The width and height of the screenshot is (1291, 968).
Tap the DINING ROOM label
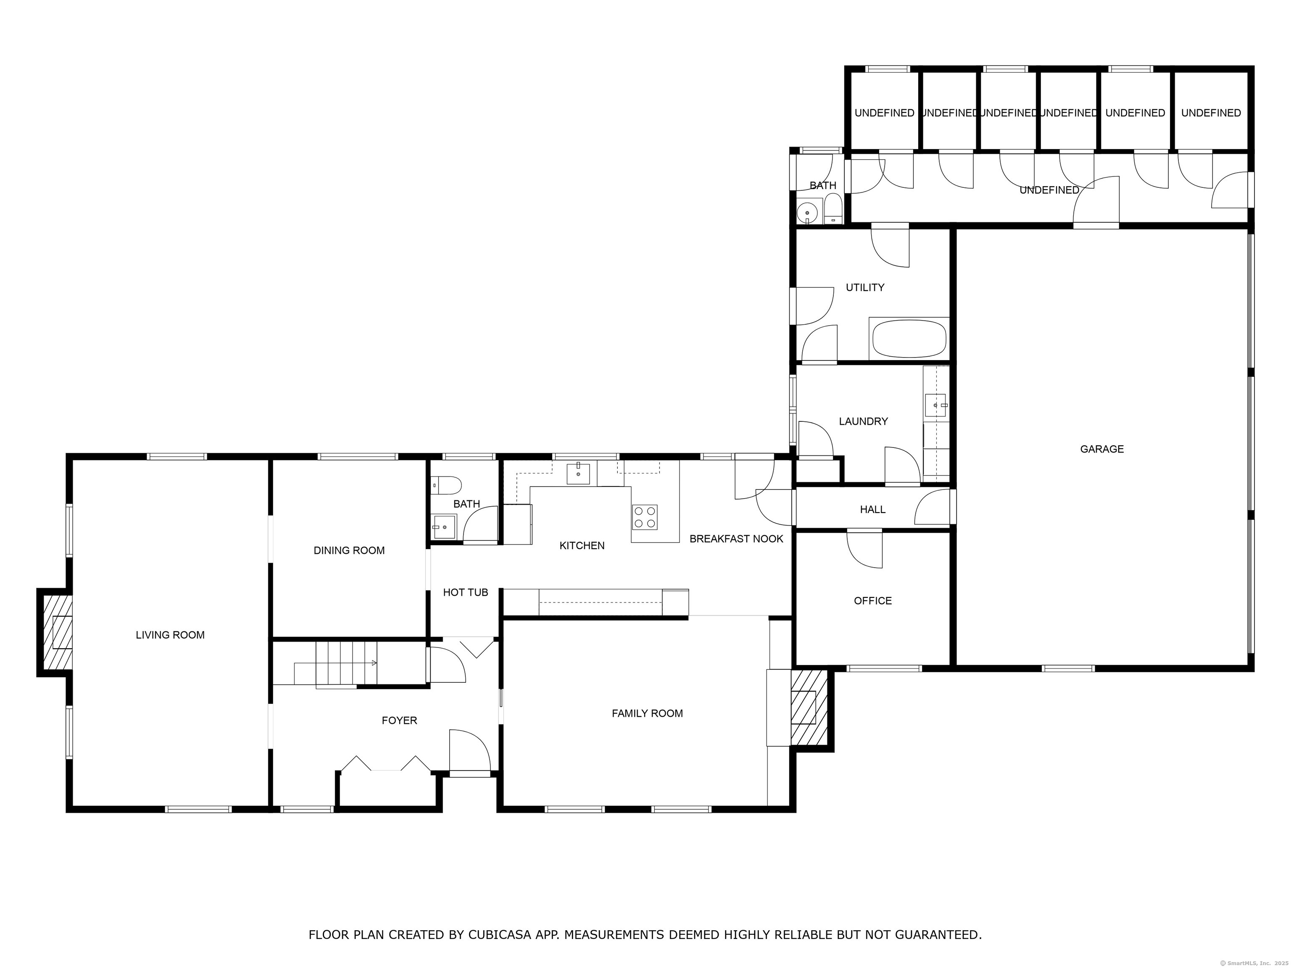(349, 550)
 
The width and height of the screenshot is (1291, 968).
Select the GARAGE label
(1102, 449)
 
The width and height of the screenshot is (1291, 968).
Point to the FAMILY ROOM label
(647, 713)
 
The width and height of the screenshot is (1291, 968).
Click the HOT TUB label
(465, 592)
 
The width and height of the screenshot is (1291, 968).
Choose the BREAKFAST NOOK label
(737, 539)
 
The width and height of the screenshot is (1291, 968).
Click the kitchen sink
(578, 474)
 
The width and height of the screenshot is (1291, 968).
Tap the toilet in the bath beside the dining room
(446, 485)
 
